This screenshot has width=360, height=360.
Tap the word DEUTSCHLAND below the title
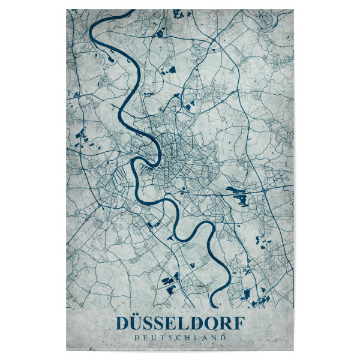pos(180,337)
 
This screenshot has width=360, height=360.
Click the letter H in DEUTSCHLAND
pos(189,337)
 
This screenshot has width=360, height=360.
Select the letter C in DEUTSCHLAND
pos(179,337)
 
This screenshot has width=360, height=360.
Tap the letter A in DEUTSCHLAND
pos(206,337)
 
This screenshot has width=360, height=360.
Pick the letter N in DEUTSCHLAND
pos(215,337)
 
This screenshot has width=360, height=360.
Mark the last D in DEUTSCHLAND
pos(224,337)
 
